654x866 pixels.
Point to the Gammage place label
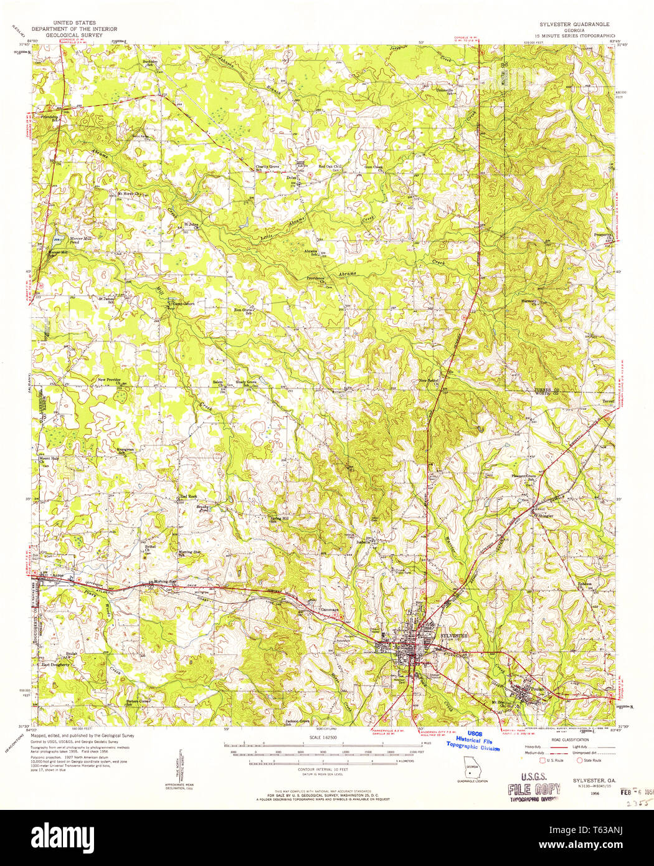click(329, 609)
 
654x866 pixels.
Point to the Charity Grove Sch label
click(268, 168)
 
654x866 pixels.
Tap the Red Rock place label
click(188, 496)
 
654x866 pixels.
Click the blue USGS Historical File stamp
click(473, 741)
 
